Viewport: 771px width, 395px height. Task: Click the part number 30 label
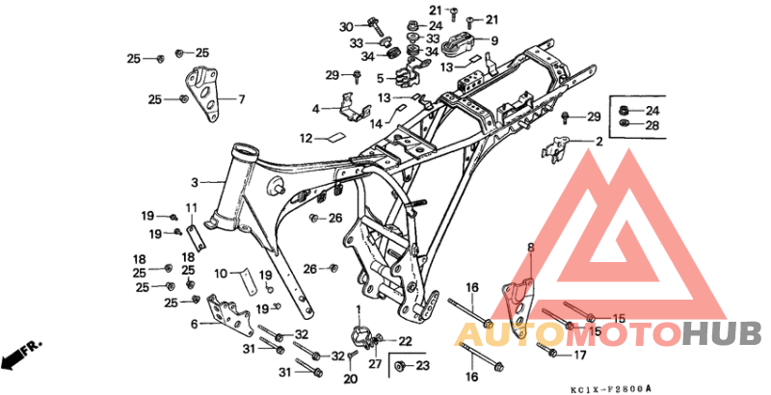(347, 26)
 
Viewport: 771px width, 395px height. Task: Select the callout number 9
(494, 41)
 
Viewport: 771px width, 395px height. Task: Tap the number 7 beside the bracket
(241, 98)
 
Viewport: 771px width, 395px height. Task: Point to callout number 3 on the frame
(194, 181)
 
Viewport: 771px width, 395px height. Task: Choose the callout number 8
(529, 248)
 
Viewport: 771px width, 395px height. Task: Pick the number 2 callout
(598, 142)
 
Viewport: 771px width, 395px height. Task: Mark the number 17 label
(580, 355)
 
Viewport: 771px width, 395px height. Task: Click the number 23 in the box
(422, 366)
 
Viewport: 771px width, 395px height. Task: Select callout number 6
(194, 324)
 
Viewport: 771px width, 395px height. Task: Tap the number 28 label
(651, 125)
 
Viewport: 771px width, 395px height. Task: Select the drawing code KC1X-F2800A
(610, 388)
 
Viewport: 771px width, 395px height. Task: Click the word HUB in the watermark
(719, 334)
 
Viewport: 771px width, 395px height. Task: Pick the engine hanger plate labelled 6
(227, 313)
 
